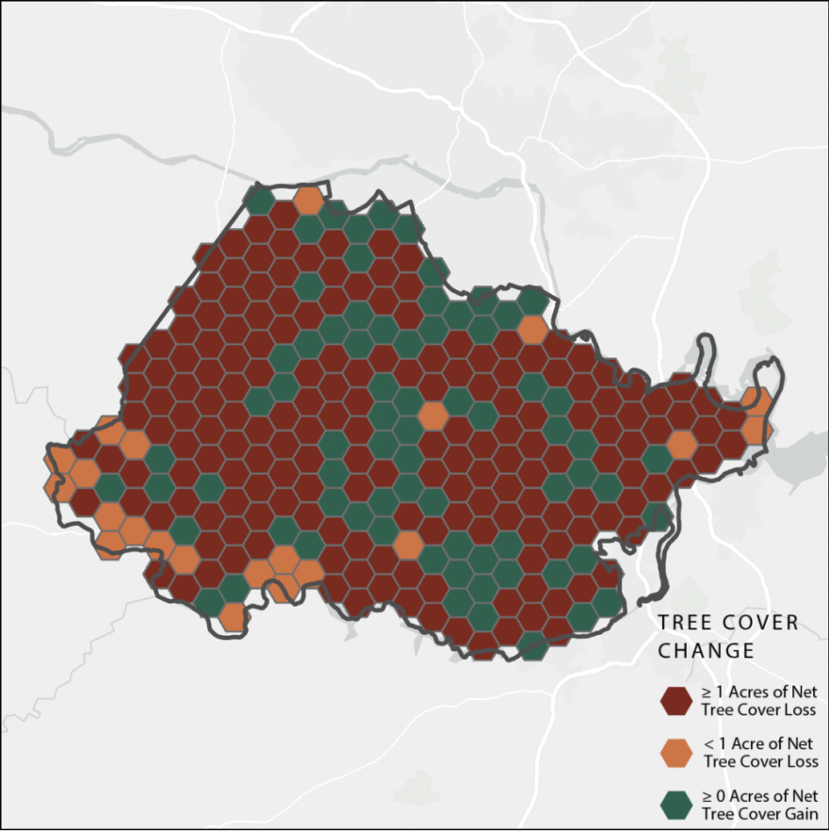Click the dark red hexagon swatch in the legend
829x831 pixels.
675,701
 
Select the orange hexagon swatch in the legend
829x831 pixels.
675,753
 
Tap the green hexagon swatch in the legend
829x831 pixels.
675,804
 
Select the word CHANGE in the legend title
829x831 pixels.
706,650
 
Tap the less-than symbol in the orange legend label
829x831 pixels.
708,744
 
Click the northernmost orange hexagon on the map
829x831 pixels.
308,200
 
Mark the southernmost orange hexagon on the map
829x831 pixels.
233,617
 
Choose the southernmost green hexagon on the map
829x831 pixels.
533,645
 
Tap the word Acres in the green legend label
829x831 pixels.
749,795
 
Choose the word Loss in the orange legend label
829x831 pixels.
798,761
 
